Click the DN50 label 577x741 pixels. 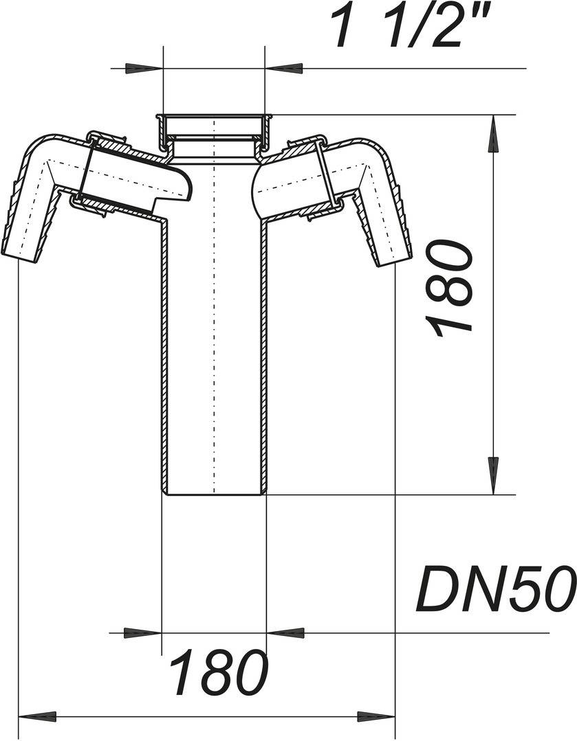(x=495, y=589)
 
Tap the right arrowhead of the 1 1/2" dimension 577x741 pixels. (x=284, y=69)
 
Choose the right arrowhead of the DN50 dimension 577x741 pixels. (x=285, y=632)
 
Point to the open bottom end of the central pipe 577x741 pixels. (x=214, y=492)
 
